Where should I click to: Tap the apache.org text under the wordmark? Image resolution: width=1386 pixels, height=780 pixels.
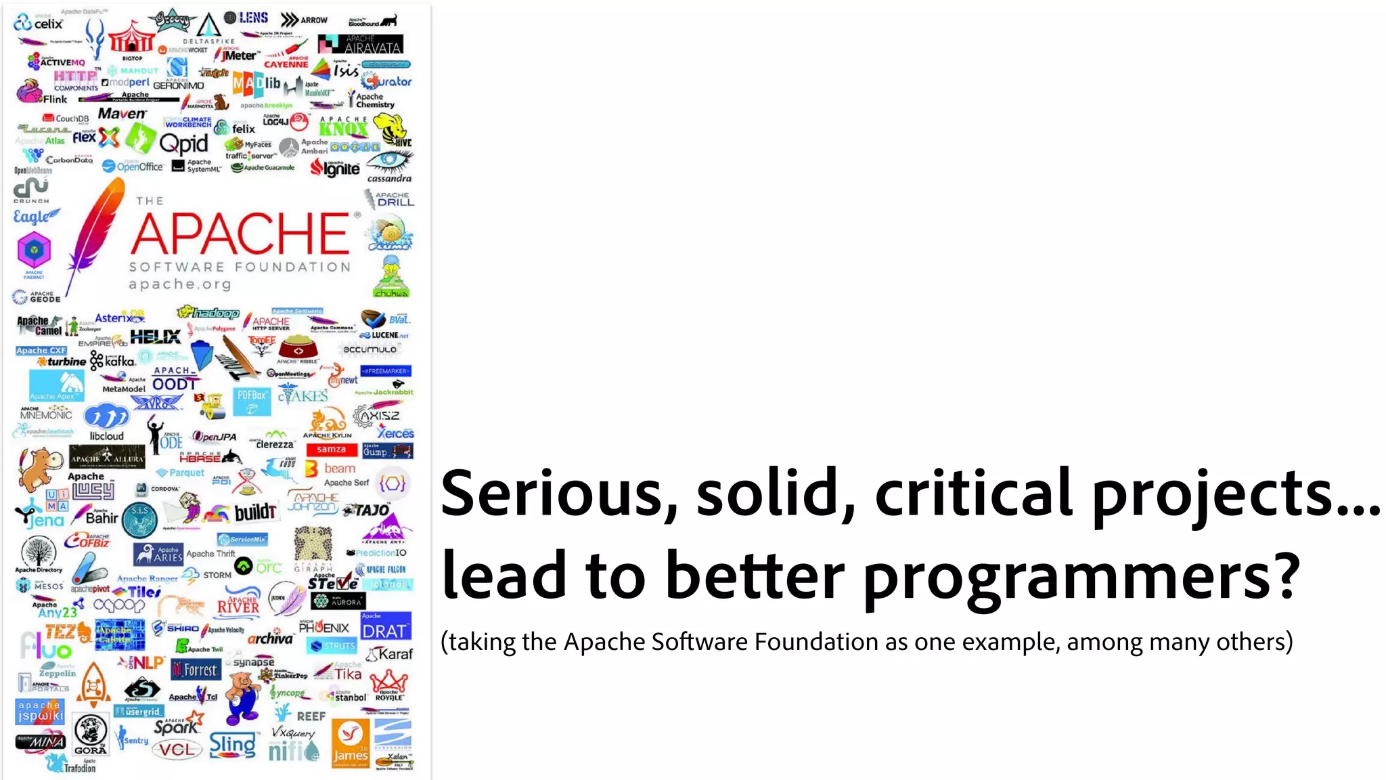point(180,284)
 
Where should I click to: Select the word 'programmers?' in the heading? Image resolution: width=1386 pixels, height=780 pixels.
point(1081,576)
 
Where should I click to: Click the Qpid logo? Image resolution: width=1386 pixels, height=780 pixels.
point(183,144)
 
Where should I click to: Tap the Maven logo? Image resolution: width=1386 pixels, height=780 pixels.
point(122,114)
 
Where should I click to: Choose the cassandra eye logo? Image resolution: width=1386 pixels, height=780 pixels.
point(389,166)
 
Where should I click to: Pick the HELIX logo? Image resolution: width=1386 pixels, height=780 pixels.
point(155,337)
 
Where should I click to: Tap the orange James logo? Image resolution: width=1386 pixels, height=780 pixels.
point(351,743)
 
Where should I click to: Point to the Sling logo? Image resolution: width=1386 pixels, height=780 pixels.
point(233,745)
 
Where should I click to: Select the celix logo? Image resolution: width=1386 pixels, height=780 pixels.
point(39,24)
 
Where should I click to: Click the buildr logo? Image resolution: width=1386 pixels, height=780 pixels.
point(255,513)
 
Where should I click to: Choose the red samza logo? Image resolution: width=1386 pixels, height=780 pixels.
point(331,450)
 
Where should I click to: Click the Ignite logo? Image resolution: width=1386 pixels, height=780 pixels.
point(336,168)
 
